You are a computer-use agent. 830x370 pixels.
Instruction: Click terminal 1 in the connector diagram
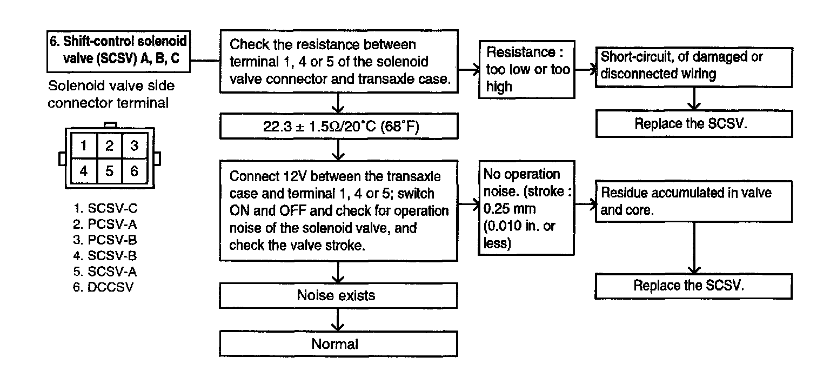tap(84, 146)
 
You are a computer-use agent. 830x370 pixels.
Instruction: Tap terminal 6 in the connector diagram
tap(134, 171)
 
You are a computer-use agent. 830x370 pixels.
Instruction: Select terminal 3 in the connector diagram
tap(134, 146)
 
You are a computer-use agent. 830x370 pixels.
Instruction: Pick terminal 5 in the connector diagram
tap(109, 171)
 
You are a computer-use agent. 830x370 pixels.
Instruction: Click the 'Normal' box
tap(338, 344)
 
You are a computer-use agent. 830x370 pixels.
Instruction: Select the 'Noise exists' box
tap(338, 295)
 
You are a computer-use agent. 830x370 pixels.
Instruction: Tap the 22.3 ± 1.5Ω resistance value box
tap(339, 126)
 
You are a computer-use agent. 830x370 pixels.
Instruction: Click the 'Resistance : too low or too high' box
tap(527, 69)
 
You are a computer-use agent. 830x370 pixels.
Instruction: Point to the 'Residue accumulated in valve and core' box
tap(694, 201)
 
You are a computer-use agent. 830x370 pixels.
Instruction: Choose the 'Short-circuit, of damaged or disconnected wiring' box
tap(694, 68)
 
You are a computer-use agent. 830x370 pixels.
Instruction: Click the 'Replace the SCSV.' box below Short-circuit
tap(694, 123)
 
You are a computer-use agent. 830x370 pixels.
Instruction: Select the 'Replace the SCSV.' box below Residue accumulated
tap(694, 286)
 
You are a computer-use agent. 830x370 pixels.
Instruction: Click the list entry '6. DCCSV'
tap(103, 287)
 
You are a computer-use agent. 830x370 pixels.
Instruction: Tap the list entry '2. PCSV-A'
tap(105, 224)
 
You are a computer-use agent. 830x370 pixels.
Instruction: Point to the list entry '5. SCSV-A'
tap(105, 272)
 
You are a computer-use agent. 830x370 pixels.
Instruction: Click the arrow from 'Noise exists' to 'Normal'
tap(338, 320)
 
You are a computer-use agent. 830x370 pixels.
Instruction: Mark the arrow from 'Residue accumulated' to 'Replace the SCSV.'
tap(694, 248)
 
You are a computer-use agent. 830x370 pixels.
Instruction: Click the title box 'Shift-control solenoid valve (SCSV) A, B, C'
tap(118, 51)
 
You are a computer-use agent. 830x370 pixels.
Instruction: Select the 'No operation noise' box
tap(526, 208)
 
